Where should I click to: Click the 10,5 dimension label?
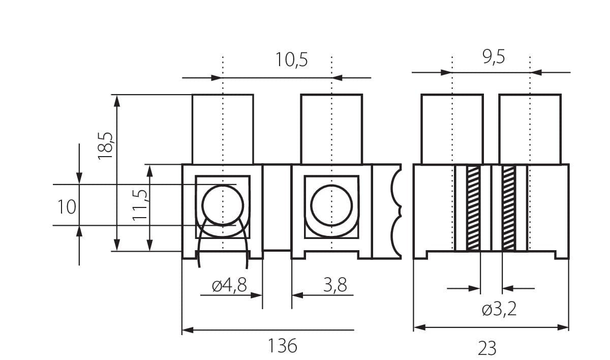tap(292, 60)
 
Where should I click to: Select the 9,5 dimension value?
tap(494, 57)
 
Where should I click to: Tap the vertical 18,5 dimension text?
tap(106, 145)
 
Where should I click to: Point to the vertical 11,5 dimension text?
tap(139, 204)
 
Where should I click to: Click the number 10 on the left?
tap(67, 207)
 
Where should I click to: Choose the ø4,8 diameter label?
tap(229, 286)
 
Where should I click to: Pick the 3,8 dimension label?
tap(335, 286)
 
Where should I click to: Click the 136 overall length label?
tap(282, 346)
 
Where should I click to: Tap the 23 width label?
tap(486, 348)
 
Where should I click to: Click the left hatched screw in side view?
tap(473, 208)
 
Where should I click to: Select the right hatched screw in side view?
tap(509, 208)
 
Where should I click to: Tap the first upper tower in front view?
tap(223, 129)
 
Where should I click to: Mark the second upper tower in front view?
tap(331, 129)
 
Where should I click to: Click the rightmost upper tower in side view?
tap(530, 129)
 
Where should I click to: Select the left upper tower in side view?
tap(452, 129)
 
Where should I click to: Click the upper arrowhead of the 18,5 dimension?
tap(117, 100)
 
